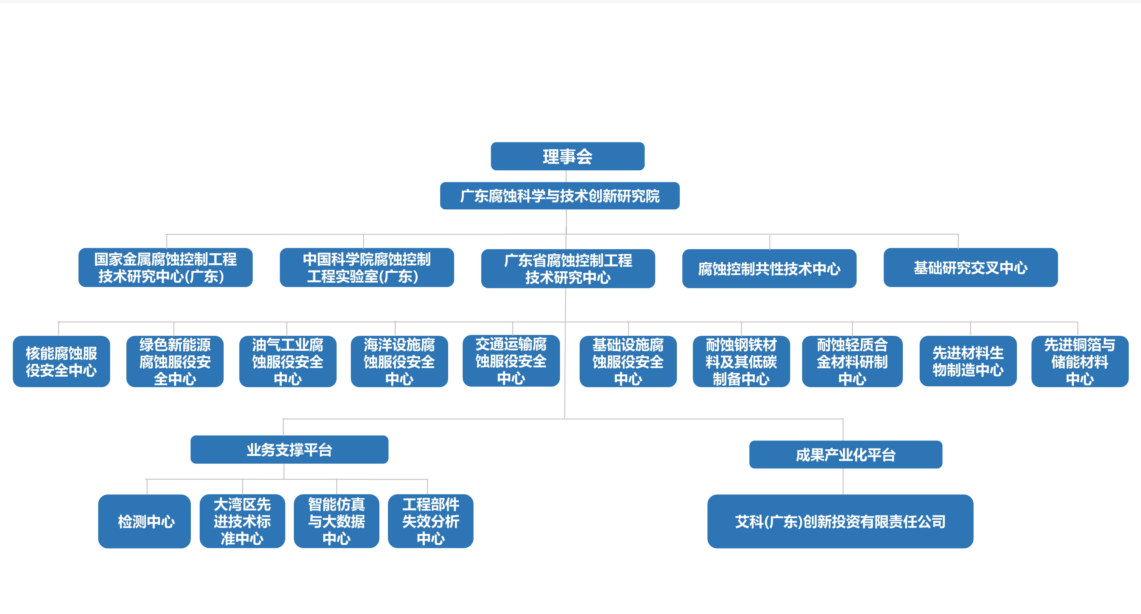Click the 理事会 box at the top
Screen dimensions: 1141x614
coord(567,156)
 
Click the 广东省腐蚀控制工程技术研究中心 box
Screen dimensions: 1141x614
coord(568,268)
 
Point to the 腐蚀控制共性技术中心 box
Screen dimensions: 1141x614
coord(769,268)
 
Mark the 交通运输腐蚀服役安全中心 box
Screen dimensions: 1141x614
coord(511,361)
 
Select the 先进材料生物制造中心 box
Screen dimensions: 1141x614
coord(968,361)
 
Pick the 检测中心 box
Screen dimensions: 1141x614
coord(144,521)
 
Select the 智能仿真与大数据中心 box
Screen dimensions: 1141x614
coord(337,521)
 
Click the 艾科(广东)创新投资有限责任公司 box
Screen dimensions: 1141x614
coord(840,521)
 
